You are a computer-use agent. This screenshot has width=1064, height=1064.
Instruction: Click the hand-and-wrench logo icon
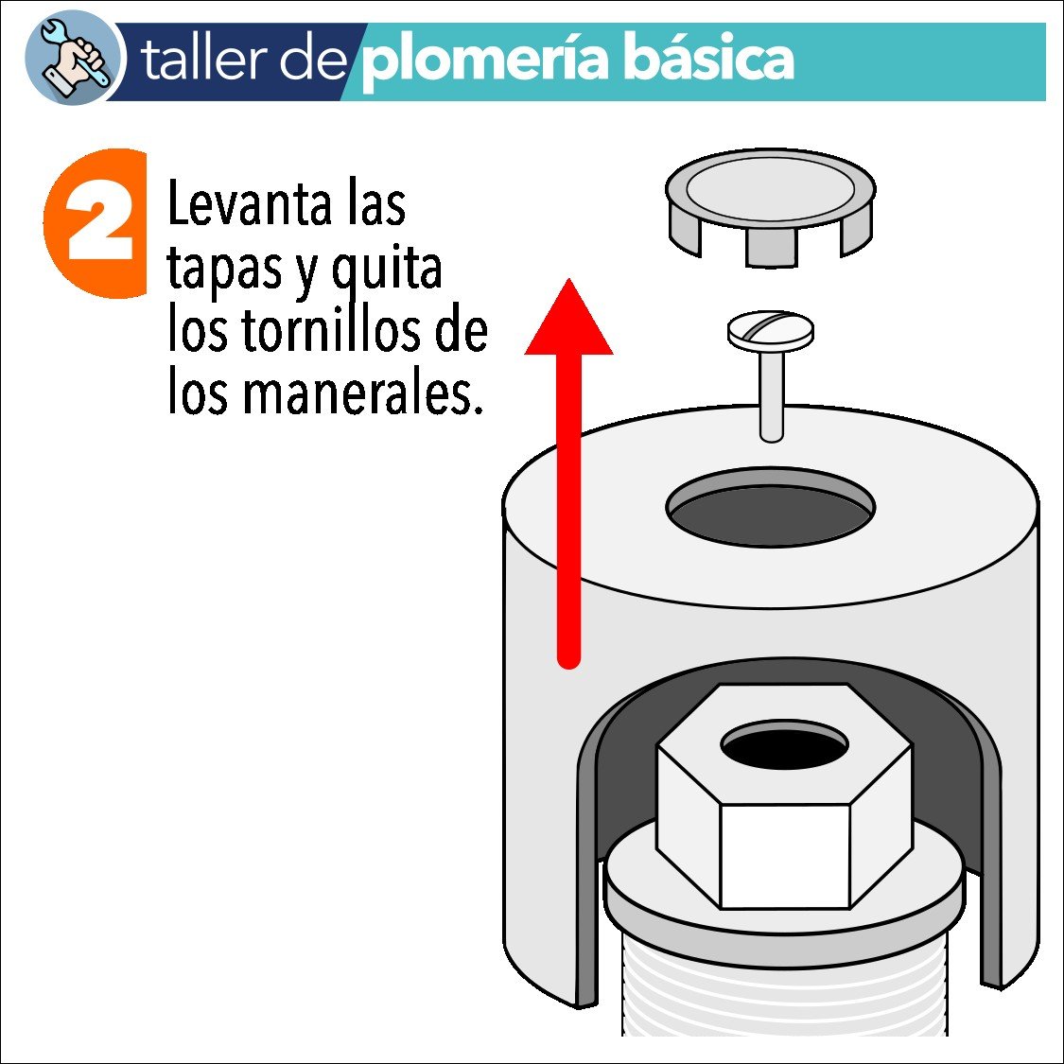[x=74, y=60]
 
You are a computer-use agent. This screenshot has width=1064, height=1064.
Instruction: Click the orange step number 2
[x=99, y=223]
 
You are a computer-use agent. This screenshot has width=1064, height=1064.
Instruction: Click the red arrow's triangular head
[x=568, y=322]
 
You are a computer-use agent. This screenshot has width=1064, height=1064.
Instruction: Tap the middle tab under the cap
[x=771, y=248]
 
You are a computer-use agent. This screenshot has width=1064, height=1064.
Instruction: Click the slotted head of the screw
[x=771, y=330]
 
